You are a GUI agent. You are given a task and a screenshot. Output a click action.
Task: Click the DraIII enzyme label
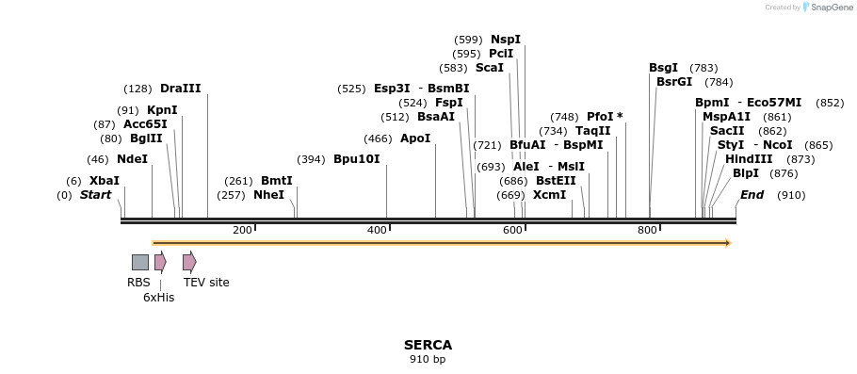coord(180,89)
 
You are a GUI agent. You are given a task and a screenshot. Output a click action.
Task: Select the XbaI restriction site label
coord(105,181)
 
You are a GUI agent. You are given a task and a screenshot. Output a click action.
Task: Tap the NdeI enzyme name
coord(132,159)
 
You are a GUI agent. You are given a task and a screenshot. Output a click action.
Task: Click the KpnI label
coord(162,110)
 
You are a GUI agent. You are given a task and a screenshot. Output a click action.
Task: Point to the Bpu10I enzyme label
coord(356,159)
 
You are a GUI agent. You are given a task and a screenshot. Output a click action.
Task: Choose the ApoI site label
coord(415,138)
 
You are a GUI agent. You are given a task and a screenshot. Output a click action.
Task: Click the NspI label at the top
coord(505,40)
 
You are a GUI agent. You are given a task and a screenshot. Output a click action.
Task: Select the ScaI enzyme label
coord(489,68)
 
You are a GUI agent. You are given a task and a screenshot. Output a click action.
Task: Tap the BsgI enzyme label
coord(663,68)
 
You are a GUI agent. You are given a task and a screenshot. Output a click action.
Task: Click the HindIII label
coord(749,159)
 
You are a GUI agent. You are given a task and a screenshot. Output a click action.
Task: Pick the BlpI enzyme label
coord(745,173)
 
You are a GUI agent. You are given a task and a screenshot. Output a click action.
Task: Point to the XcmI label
coord(549,195)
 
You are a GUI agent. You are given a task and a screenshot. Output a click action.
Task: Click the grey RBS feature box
coord(139,262)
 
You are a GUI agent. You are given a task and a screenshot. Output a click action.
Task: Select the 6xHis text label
coord(158,298)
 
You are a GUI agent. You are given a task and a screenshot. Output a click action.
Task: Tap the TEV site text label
coord(206,283)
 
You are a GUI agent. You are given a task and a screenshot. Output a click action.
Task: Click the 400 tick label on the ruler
coord(377,231)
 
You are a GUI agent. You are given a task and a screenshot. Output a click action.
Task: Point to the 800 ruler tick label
coord(647,231)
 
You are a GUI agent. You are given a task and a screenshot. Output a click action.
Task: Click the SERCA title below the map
coord(428,345)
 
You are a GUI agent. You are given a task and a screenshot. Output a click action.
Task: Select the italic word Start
coord(95,195)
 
